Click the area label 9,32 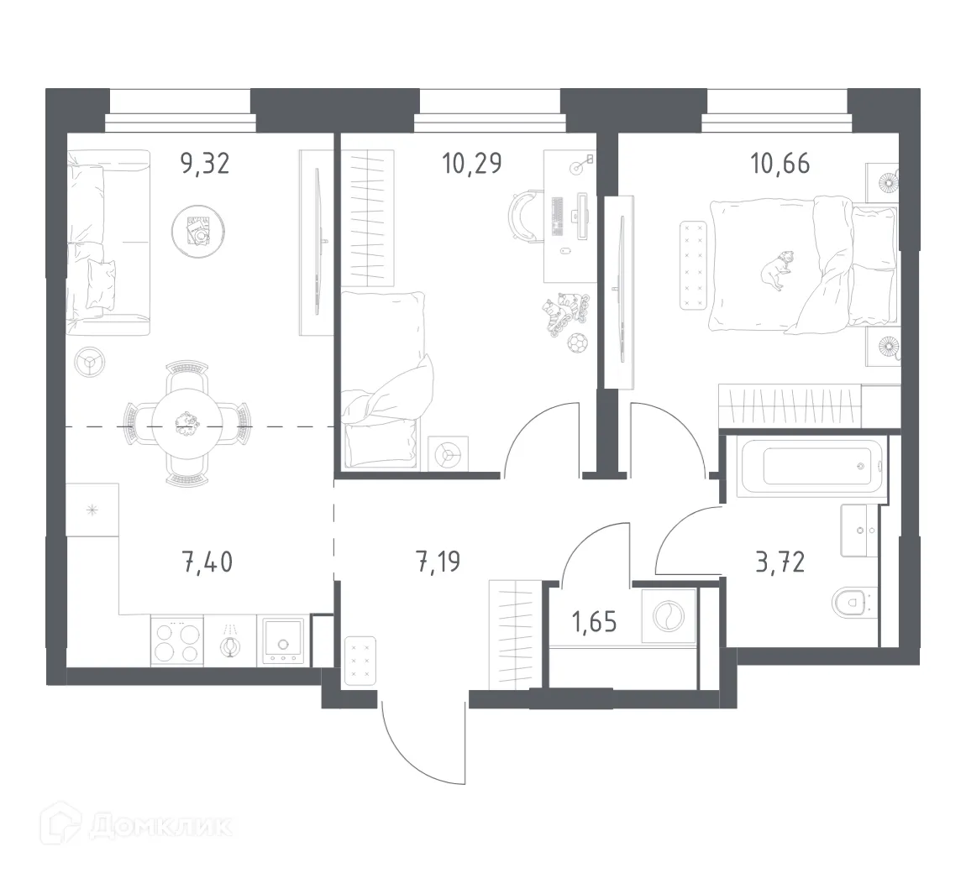point(205,163)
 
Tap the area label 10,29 point(472,163)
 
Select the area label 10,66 point(780,163)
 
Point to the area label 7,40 point(207,561)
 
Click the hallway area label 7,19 point(438,561)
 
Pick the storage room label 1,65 point(594,622)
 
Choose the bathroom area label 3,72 point(780,561)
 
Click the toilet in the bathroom point(850,601)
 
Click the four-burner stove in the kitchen point(177,642)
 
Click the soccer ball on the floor point(577,342)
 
